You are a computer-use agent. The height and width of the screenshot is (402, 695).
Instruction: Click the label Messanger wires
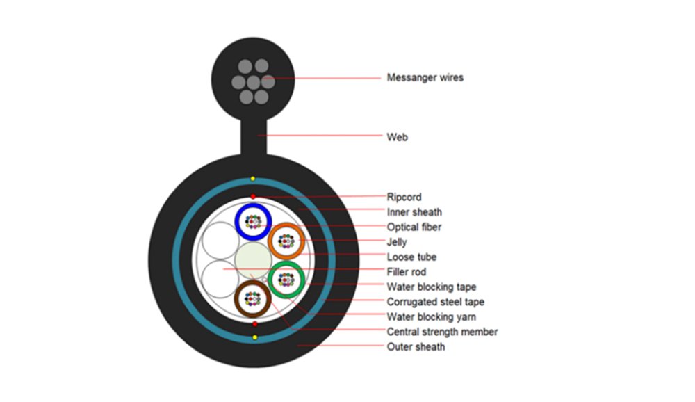[x=425, y=77]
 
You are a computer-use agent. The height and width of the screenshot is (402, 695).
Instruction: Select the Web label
[x=397, y=137]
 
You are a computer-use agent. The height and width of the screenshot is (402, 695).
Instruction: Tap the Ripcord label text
[x=404, y=197]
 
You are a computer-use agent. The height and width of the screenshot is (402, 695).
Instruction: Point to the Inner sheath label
[x=414, y=212]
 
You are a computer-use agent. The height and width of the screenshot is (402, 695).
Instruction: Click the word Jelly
[x=397, y=242]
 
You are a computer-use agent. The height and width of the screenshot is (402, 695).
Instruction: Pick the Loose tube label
[x=411, y=257]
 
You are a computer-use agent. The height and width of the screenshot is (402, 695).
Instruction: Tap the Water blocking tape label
[x=432, y=287]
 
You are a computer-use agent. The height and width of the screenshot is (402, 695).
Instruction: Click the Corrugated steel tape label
[x=436, y=302]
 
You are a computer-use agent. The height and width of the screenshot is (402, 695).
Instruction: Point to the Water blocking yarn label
[x=432, y=317]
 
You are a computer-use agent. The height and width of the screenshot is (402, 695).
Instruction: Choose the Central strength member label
[x=442, y=332]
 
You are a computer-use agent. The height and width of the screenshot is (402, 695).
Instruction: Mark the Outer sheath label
[x=416, y=346]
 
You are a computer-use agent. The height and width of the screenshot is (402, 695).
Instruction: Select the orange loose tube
[x=286, y=241]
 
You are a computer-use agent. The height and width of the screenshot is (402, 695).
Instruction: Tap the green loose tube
[x=286, y=280]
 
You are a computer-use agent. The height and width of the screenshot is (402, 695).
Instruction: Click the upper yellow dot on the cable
[x=253, y=179]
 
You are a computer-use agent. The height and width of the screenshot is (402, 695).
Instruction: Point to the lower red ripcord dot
[x=255, y=324]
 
